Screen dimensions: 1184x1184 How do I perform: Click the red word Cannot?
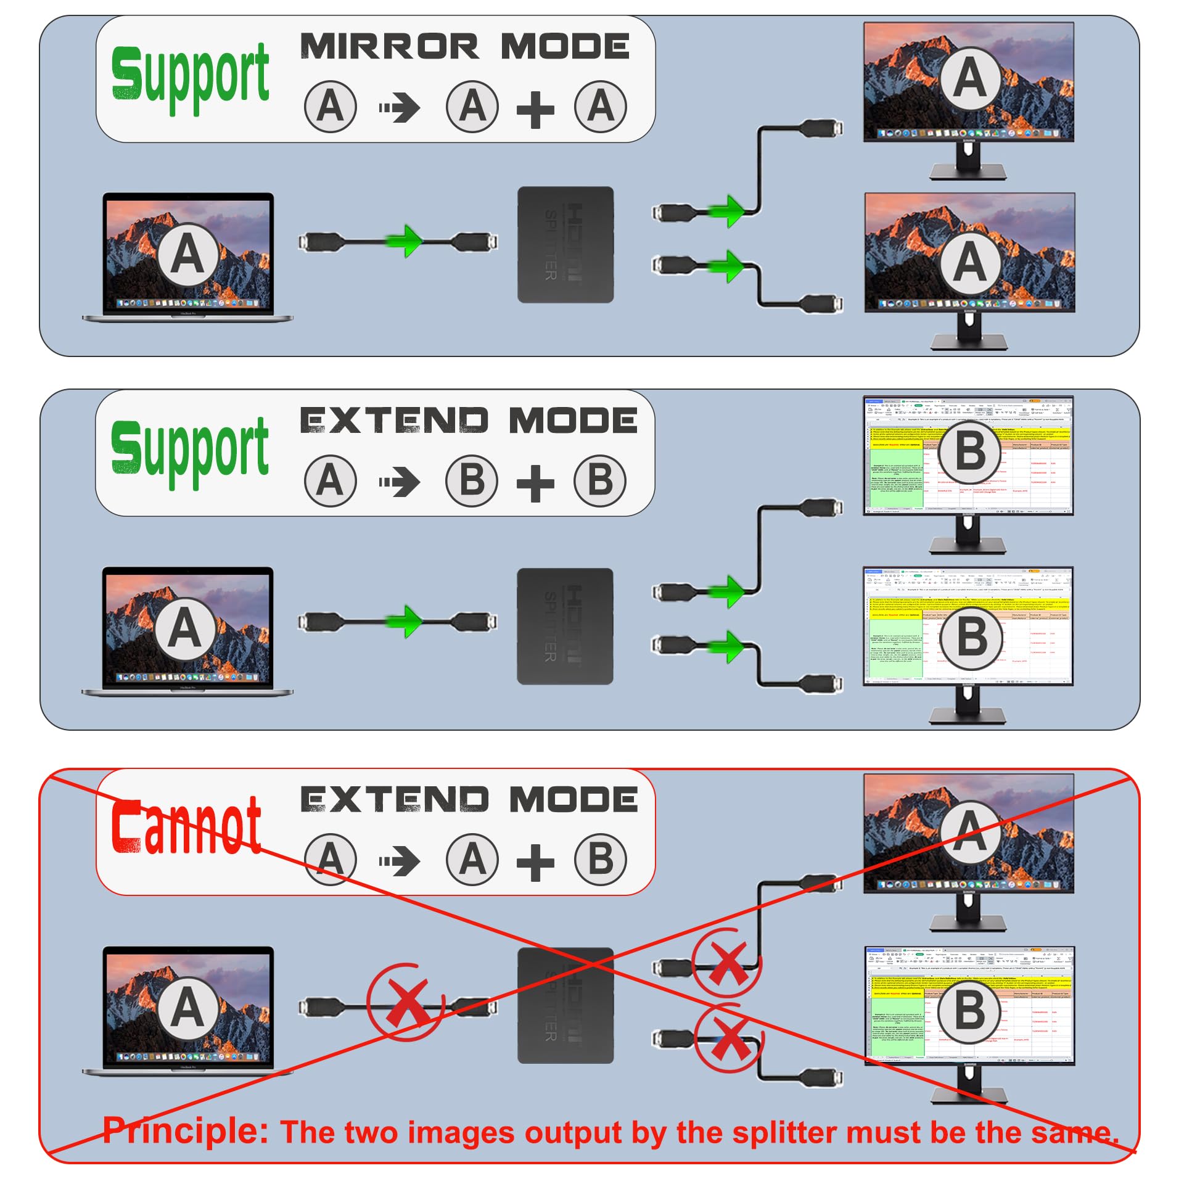click(x=186, y=826)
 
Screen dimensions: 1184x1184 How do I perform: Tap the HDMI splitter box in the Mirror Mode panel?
click(x=565, y=245)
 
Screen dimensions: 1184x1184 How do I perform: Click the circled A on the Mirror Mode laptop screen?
click(x=187, y=254)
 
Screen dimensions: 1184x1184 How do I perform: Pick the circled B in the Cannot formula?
click(x=600, y=860)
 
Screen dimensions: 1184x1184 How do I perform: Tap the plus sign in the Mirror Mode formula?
click(x=535, y=110)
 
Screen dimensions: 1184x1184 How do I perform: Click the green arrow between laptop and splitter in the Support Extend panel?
click(x=405, y=620)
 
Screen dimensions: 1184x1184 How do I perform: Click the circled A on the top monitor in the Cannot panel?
click(x=970, y=831)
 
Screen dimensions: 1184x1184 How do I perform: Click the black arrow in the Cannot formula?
click(x=400, y=861)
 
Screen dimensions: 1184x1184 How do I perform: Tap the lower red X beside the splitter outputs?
click(x=729, y=1040)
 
